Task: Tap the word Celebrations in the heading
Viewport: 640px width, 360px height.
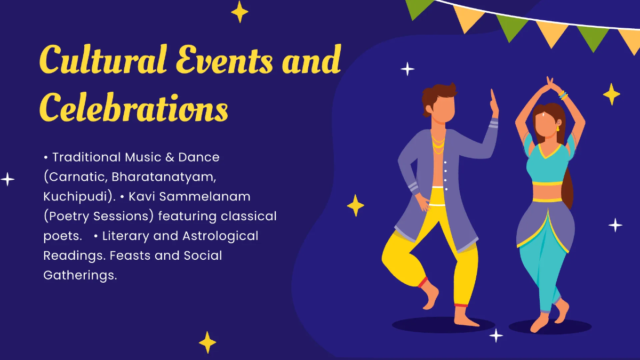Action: (x=133, y=107)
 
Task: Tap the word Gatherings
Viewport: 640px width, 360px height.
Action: (x=79, y=275)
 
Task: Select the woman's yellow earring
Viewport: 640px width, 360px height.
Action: (x=558, y=129)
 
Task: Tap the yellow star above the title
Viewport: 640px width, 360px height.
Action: (x=239, y=12)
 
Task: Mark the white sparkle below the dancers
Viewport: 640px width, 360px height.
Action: (x=496, y=335)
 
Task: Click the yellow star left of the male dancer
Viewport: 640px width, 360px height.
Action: (x=355, y=205)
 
